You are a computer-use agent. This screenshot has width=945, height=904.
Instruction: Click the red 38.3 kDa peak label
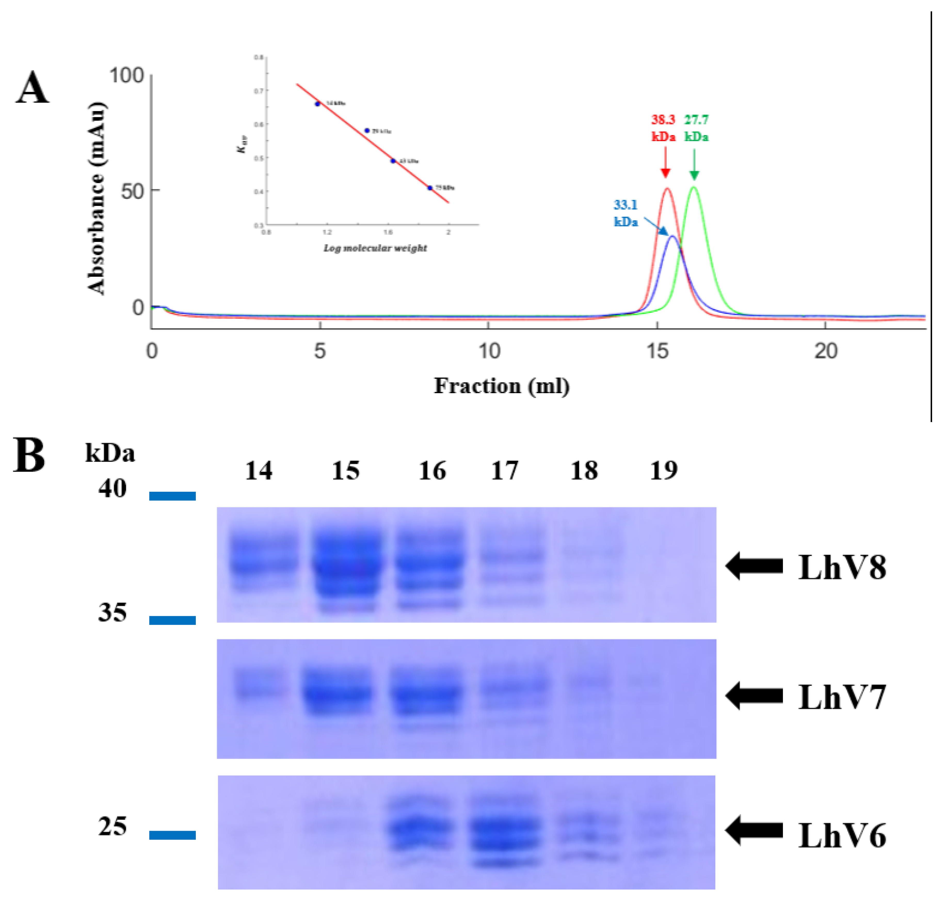point(663,128)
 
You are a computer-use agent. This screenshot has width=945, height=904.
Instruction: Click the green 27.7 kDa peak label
point(696,128)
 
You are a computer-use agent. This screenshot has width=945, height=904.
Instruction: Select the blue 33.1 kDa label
point(626,213)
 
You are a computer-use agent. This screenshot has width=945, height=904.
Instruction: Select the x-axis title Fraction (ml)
point(502,386)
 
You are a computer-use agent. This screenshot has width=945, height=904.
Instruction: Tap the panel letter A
point(32,88)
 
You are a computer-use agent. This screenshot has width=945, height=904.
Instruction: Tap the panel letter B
point(29,455)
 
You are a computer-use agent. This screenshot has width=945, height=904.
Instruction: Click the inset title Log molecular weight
point(375,248)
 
